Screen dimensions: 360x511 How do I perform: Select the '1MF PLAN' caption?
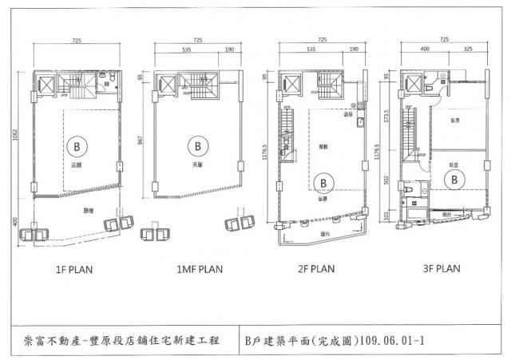(193, 269)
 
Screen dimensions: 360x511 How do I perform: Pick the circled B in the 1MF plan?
(196, 147)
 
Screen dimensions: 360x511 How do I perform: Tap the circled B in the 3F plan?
(452, 180)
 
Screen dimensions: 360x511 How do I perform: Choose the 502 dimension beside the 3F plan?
(386, 182)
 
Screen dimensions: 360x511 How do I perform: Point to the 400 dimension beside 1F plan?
(16, 221)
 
